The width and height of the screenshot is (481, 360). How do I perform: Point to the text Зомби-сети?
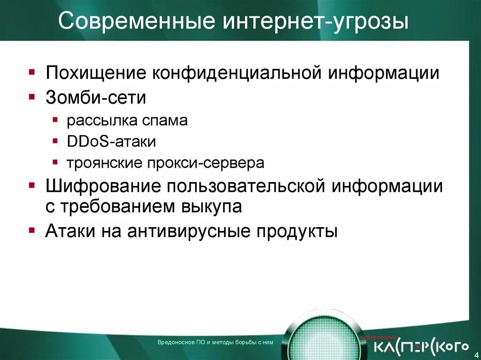point(96,98)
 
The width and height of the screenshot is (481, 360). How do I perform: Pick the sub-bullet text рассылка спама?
point(127,121)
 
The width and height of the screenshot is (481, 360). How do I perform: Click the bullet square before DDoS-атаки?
point(55,141)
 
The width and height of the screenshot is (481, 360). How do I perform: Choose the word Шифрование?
point(101,186)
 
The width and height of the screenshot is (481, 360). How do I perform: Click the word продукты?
point(297,231)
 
